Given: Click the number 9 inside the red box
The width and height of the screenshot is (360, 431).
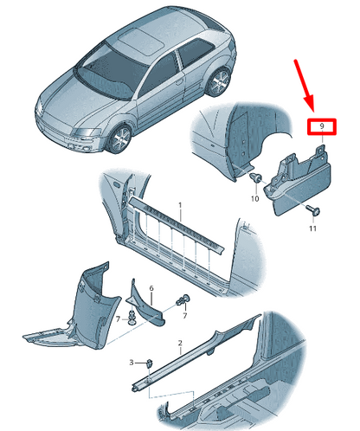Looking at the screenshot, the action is pyautogui.click(x=322, y=126).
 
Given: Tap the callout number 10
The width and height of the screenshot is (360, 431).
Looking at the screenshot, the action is pyautogui.click(x=255, y=198).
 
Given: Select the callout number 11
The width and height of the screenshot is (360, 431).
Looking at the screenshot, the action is pyautogui.click(x=313, y=228).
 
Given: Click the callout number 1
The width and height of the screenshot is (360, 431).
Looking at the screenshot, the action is pyautogui.click(x=180, y=205).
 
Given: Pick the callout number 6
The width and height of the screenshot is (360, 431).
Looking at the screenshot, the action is pyautogui.click(x=151, y=288).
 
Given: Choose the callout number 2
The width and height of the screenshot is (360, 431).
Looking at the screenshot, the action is pyautogui.click(x=180, y=343).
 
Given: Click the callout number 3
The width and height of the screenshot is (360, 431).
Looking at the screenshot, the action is pyautogui.click(x=132, y=363).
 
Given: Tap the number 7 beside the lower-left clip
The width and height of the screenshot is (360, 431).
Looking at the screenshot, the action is pyautogui.click(x=118, y=319).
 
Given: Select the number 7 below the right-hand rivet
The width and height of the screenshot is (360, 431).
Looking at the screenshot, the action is pyautogui.click(x=185, y=315).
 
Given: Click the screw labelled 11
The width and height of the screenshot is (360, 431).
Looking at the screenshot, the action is pyautogui.click(x=313, y=210).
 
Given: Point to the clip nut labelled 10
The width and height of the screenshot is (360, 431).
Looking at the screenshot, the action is pyautogui.click(x=255, y=177).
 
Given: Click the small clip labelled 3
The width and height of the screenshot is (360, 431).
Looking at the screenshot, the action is pyautogui.click(x=150, y=363).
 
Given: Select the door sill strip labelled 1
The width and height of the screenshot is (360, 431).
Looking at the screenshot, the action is pyautogui.click(x=176, y=226).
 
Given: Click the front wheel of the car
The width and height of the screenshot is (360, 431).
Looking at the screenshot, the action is pyautogui.click(x=119, y=139).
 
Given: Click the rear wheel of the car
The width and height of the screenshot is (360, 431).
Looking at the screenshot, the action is pyautogui.click(x=219, y=82).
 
